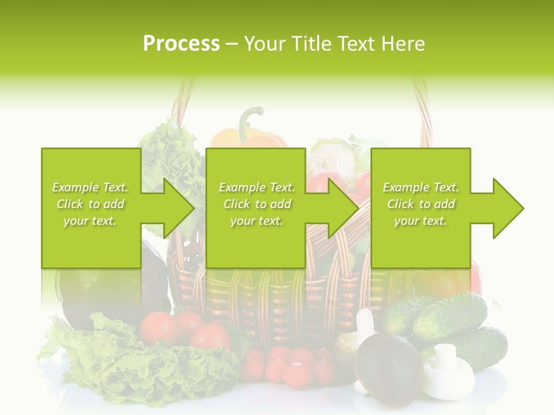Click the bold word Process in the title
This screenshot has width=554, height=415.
pyautogui.click(x=181, y=43)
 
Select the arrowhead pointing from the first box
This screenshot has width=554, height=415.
pyautogui.click(x=173, y=208)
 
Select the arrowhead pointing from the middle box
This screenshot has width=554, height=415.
pyautogui.click(x=340, y=208)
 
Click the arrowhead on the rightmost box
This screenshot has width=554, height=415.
pyautogui.click(x=506, y=208)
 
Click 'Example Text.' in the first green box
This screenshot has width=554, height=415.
pyautogui.click(x=90, y=187)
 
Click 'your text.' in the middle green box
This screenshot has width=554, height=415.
pyautogui.click(x=256, y=221)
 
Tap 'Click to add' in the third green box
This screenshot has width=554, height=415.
pyautogui.click(x=421, y=204)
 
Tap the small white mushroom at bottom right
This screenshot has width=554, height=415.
pyautogui.click(x=447, y=372)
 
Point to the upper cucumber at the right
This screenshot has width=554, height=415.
pyautogui.click(x=450, y=314)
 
